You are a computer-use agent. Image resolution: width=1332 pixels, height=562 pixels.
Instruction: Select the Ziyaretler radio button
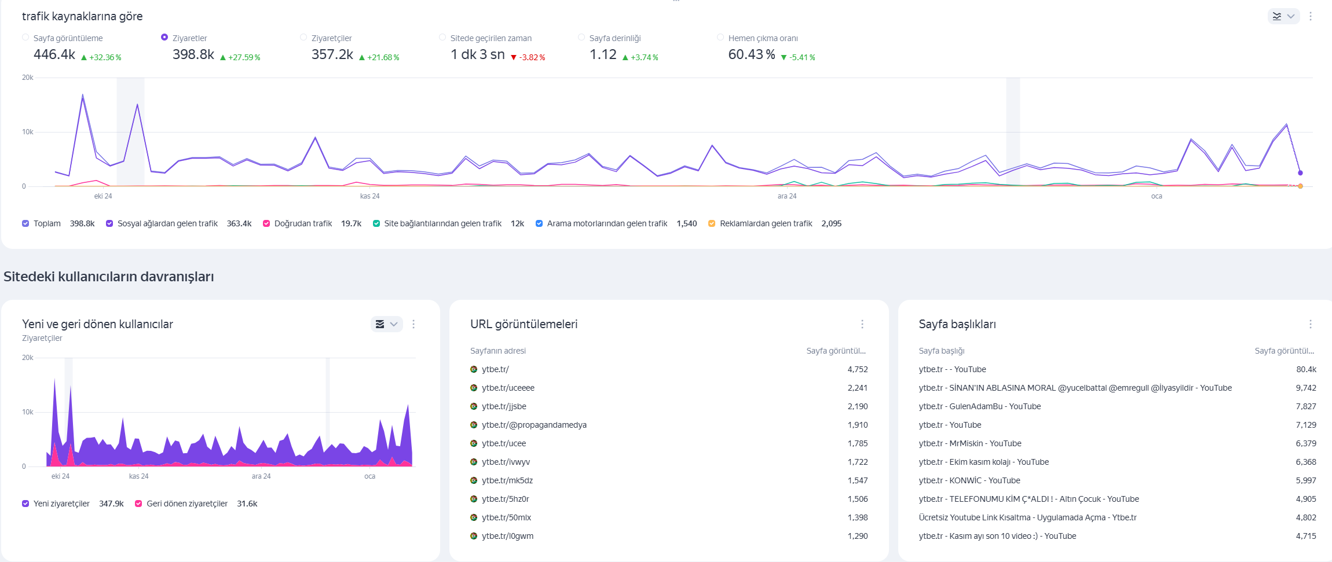click(164, 38)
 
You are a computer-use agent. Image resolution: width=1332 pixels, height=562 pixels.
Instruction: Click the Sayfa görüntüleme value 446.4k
click(54, 54)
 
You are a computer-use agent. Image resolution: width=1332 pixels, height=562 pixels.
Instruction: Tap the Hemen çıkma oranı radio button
click(720, 38)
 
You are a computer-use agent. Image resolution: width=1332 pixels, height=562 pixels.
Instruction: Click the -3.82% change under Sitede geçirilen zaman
click(528, 57)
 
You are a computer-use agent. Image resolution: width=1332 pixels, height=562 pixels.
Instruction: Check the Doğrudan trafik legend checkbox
click(266, 223)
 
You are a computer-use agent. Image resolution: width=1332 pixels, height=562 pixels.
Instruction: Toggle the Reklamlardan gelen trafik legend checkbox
click(712, 223)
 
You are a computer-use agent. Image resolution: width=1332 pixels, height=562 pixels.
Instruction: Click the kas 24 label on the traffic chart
click(369, 196)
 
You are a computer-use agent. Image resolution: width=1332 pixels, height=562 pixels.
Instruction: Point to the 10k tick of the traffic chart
click(28, 132)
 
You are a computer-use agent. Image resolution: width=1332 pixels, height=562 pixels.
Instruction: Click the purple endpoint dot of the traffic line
click(1300, 172)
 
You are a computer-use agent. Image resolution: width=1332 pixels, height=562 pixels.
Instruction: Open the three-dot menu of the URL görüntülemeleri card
click(862, 324)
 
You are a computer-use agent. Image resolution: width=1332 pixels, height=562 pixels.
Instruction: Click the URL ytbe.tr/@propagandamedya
click(534, 425)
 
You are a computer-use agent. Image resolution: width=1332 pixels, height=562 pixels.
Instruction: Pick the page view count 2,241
click(858, 388)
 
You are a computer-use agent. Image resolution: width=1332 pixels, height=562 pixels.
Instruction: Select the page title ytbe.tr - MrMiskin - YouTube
click(970, 443)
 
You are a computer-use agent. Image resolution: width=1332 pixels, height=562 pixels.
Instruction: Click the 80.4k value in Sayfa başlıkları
click(1306, 369)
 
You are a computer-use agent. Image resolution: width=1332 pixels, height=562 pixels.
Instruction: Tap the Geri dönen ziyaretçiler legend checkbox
click(138, 504)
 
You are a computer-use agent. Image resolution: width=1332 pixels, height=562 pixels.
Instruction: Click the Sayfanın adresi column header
click(498, 351)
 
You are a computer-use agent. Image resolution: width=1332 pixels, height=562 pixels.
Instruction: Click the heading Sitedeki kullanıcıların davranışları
click(109, 277)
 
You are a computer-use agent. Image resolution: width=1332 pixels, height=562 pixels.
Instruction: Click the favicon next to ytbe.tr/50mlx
click(474, 517)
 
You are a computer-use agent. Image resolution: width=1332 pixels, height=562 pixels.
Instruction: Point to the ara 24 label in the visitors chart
click(261, 476)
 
